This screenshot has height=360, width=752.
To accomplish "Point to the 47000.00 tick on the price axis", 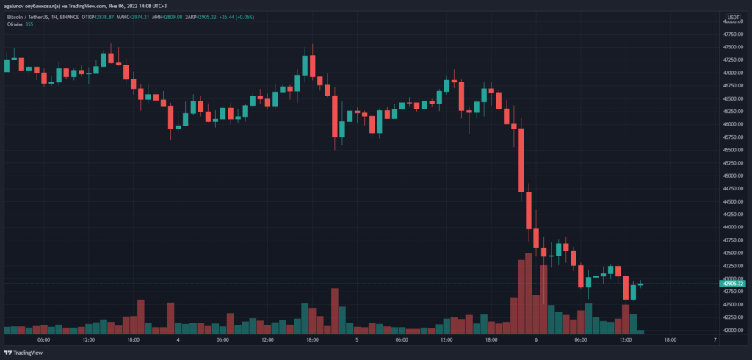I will point(732,73).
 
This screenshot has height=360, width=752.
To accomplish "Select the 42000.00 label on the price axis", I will point(732,330).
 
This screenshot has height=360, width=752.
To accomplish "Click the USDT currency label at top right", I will point(733,17).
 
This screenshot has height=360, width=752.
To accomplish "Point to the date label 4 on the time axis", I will point(178,340).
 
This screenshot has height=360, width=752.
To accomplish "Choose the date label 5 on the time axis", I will point(356,340).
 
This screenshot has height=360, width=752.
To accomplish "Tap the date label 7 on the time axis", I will point(715,340).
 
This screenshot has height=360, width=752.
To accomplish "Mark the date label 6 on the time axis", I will point(536,340).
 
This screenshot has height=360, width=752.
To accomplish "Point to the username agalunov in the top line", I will point(16,4).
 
